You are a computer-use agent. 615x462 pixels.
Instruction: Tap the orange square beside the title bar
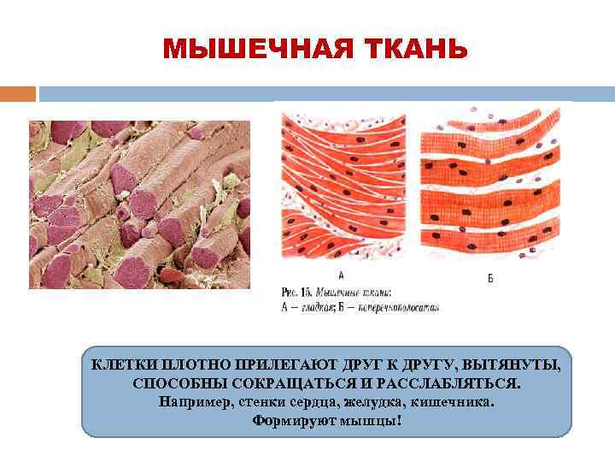click(x=18, y=93)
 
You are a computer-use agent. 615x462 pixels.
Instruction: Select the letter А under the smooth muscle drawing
click(x=341, y=275)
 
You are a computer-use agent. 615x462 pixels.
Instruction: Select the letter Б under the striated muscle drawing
click(x=490, y=277)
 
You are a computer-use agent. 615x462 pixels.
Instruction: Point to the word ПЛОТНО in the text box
click(x=190, y=366)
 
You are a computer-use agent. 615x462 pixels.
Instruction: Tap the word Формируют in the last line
click(x=288, y=420)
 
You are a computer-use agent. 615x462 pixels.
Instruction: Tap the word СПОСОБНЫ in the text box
click(x=172, y=384)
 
